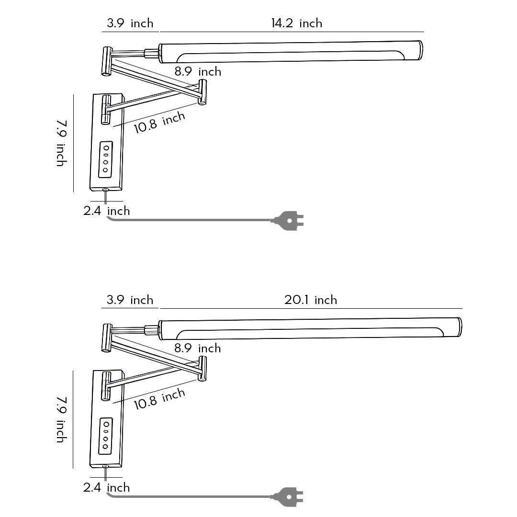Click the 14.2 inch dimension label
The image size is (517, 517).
(x=296, y=23)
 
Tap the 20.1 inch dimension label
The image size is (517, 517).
(x=311, y=300)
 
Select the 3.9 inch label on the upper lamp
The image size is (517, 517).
(x=130, y=23)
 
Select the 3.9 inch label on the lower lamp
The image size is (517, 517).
(x=130, y=300)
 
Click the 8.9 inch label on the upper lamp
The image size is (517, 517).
(x=198, y=72)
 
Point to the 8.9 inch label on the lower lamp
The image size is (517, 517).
(x=198, y=348)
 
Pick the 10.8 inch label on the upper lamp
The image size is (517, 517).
(x=159, y=123)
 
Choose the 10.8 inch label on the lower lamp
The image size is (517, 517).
(x=159, y=399)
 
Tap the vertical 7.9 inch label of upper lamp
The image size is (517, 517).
(x=61, y=143)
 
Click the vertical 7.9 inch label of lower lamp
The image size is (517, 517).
(x=61, y=419)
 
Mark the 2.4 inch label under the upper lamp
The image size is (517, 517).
(x=106, y=211)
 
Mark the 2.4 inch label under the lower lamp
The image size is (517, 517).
(x=106, y=487)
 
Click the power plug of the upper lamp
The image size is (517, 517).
(x=288, y=221)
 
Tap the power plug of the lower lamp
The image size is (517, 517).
(x=288, y=497)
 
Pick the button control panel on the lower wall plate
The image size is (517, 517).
(x=106, y=436)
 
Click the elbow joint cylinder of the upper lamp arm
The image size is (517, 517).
(x=202, y=92)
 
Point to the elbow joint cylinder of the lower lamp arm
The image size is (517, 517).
(x=202, y=369)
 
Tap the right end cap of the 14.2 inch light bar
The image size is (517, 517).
(x=419, y=51)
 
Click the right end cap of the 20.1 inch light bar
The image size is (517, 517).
(x=459, y=327)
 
